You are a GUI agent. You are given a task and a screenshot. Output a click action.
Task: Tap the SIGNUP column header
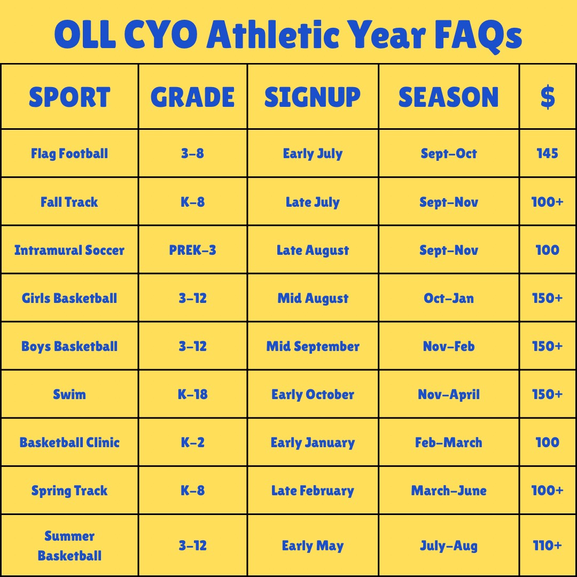coord(313,98)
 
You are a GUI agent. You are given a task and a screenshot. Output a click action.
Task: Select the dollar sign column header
coord(548,97)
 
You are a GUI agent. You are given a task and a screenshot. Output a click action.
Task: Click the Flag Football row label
coord(69,153)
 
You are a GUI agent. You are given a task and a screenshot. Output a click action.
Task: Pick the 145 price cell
coord(547,153)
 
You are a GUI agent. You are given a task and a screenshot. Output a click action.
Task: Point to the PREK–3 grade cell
coord(192,250)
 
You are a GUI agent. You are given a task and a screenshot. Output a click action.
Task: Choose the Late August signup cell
coord(313,251)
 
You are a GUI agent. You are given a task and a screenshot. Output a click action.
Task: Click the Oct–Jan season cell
coord(449,298)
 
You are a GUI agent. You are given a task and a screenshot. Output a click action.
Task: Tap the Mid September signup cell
coord(313,347)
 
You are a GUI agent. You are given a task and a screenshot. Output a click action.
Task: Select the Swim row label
coord(69,394)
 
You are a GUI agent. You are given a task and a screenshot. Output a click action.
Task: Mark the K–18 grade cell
coord(192,394)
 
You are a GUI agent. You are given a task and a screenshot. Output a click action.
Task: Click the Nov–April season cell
coord(449,395)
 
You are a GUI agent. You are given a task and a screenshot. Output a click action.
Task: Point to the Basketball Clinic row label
coord(69,442)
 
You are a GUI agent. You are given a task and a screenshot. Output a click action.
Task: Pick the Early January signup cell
coord(313,443)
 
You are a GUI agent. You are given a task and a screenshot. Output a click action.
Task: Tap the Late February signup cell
coord(313,491)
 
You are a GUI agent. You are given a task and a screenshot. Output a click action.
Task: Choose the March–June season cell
coord(449,490)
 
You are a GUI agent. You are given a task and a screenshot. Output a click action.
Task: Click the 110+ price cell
coord(547,545)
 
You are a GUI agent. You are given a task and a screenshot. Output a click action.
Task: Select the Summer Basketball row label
coord(69,545)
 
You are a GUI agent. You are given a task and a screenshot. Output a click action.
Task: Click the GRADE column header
coord(192,98)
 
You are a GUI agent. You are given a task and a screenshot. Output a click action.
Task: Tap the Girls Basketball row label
coord(69,298)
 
